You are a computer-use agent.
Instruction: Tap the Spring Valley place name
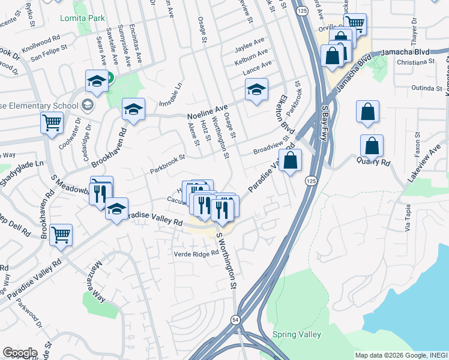pyautogui.click(x=297, y=334)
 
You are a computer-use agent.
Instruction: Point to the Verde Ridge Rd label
pyautogui.click(x=196, y=253)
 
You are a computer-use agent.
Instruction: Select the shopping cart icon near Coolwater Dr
pyautogui.click(x=52, y=123)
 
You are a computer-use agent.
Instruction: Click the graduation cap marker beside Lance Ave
pyautogui.click(x=256, y=89)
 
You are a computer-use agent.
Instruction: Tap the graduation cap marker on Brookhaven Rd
pyautogui.click(x=133, y=109)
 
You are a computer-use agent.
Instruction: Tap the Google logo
pyautogui.click(x=20, y=352)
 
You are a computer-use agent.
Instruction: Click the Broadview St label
pyautogui.click(x=271, y=148)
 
